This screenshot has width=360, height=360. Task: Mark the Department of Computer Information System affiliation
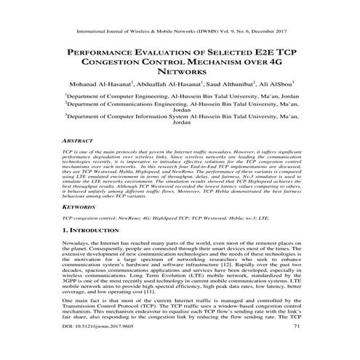tap(180, 117)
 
